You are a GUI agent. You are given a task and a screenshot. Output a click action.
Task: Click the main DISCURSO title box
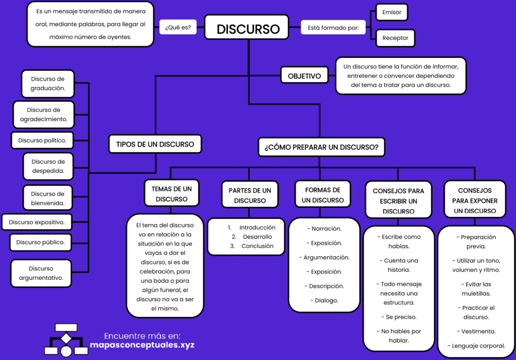tap(248, 29)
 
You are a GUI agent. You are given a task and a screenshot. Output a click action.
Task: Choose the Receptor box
tap(395, 38)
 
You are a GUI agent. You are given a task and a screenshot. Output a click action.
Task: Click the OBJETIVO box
tap(304, 76)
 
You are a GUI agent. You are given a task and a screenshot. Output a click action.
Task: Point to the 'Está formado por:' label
tap(333, 28)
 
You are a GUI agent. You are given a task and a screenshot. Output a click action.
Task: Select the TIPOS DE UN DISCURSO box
tap(155, 144)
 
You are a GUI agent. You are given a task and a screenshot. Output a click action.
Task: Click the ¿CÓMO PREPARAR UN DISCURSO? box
tap(321, 147)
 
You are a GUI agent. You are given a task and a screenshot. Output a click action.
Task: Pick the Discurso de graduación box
tap(48, 84)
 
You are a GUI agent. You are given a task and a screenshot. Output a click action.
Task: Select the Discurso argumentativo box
tap(41, 273)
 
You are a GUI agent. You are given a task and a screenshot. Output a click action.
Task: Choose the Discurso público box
tap(40, 242)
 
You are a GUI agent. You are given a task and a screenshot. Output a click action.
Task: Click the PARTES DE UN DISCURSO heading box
tap(250, 195)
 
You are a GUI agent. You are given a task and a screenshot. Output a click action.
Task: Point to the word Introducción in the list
tap(257, 227)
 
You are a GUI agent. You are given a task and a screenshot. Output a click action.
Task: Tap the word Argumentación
tap(326, 257)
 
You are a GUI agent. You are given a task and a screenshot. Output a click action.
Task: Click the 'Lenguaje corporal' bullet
tap(476, 346)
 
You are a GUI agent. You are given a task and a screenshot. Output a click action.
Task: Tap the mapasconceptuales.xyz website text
tap(142, 345)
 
